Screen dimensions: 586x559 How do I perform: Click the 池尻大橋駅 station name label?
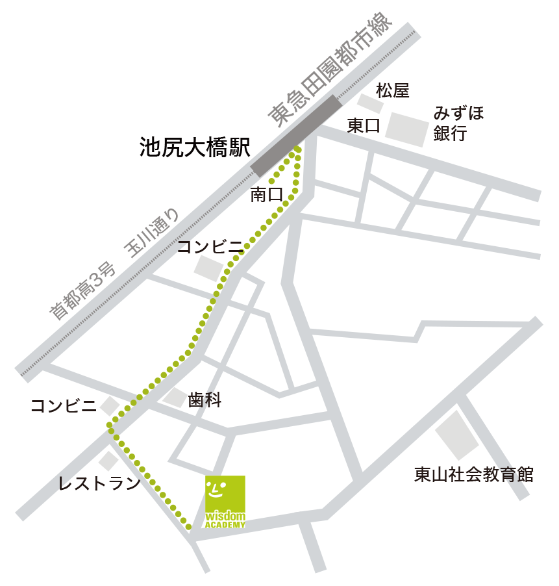pyautogui.click(x=195, y=147)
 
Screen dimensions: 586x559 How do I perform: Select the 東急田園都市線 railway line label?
pyautogui.click(x=331, y=70)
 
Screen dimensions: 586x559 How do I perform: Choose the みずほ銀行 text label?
pyautogui.click(x=459, y=123)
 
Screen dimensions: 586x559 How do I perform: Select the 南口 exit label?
pyautogui.click(x=267, y=194)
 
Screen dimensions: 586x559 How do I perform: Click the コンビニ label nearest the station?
pyautogui.click(x=210, y=246)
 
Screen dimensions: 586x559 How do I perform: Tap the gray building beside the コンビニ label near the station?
pyautogui.click(x=208, y=268)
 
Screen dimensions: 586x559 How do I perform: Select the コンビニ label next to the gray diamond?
pyautogui.click(x=64, y=407)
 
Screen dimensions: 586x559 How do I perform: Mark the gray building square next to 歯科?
pyautogui.click(x=175, y=398)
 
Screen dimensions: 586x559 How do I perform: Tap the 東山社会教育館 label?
pyautogui.click(x=474, y=475)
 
